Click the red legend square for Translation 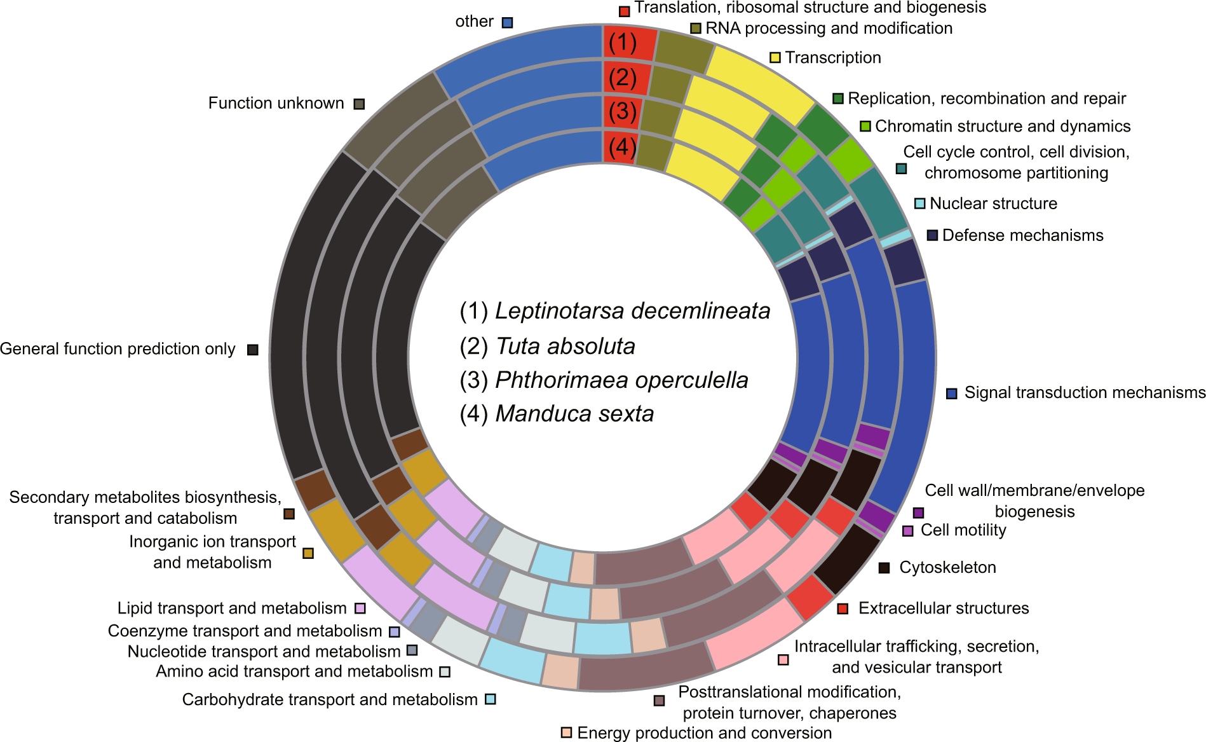point(625,11)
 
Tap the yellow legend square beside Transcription point(775,58)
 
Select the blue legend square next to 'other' point(507,22)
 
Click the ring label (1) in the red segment point(622,43)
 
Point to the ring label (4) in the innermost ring point(622,147)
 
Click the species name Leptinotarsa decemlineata point(632,311)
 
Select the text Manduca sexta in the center point(574,414)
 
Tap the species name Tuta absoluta point(565,347)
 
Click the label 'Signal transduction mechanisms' point(1085,393)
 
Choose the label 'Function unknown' point(276,104)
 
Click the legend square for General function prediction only point(253,350)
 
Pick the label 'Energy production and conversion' point(704,733)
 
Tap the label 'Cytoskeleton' point(947,568)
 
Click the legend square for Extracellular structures point(843,609)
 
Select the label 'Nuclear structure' point(993,204)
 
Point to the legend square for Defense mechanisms point(932,235)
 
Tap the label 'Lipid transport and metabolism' point(232,608)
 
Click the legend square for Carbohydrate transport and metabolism point(490,699)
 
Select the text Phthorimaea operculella point(621,380)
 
